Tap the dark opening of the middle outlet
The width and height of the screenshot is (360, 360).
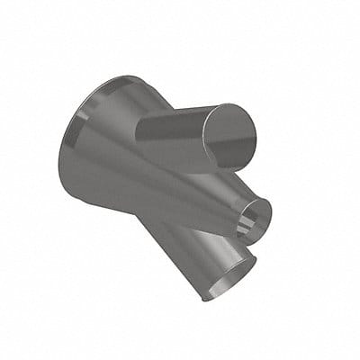click(258, 217)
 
